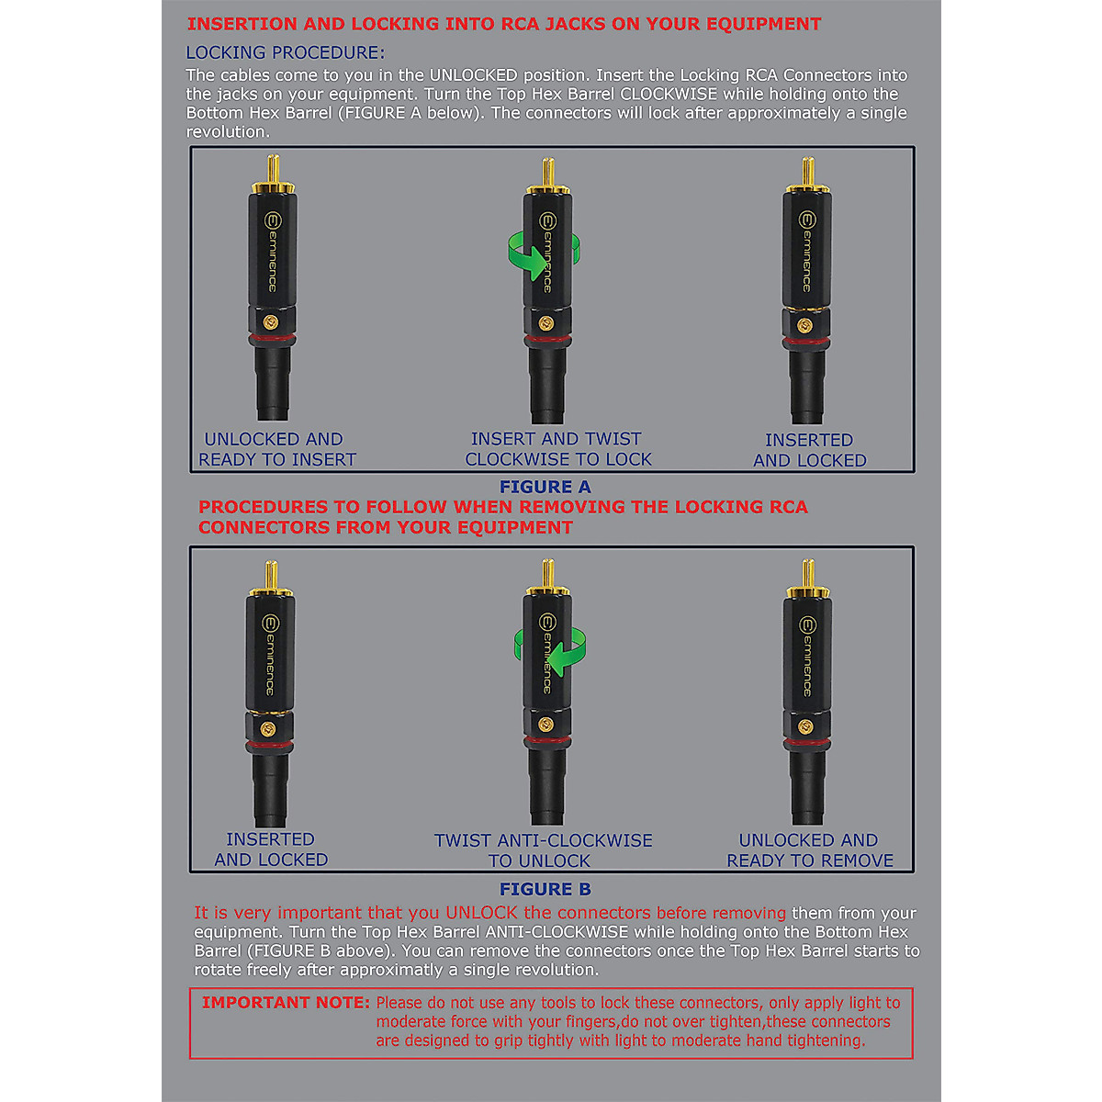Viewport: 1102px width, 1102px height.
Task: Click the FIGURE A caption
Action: tap(545, 487)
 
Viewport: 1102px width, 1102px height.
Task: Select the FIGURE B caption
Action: tap(545, 889)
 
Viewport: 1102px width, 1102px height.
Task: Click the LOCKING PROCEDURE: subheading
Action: tap(286, 52)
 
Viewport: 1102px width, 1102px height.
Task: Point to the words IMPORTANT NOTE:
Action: tap(286, 1003)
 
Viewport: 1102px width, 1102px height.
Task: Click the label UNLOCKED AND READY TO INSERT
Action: tap(276, 449)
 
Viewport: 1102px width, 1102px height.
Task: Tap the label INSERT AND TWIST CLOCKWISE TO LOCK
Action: tap(557, 449)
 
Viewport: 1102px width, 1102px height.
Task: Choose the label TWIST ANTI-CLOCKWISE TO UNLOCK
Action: tap(543, 850)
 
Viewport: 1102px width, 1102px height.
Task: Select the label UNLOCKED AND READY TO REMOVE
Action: tap(809, 850)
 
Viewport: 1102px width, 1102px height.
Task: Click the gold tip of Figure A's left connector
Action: tap(273, 170)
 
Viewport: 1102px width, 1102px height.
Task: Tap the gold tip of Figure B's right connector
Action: tap(807, 577)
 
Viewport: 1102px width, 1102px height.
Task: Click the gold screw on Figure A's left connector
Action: tap(271, 322)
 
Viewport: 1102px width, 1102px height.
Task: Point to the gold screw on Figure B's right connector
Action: tap(805, 726)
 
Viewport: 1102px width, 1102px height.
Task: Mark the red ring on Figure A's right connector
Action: tap(806, 344)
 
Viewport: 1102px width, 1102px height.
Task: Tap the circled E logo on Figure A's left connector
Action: tap(271, 220)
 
